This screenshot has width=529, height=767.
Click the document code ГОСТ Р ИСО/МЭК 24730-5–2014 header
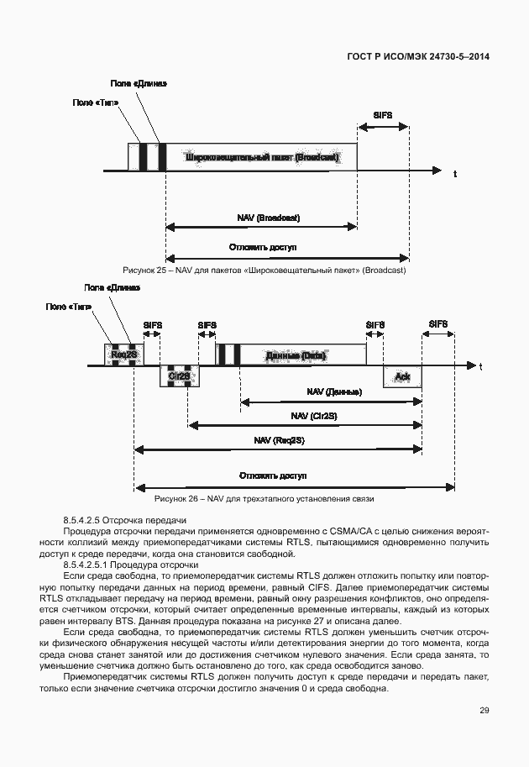point(417,57)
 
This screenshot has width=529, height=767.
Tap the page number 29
point(484,711)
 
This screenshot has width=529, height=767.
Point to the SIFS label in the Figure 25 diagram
point(383,114)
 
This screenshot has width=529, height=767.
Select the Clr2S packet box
point(179,376)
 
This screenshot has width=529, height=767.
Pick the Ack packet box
point(401,376)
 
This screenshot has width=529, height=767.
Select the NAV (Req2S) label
point(278,439)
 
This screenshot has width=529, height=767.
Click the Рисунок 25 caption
point(264,271)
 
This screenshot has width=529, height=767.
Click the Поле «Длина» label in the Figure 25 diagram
point(139,83)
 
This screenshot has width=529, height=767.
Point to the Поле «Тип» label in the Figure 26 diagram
point(69,307)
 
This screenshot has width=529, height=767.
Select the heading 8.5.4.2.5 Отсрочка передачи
point(124,522)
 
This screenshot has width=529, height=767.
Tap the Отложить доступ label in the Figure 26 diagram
point(275,475)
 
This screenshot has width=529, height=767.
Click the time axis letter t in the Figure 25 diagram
point(454,175)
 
